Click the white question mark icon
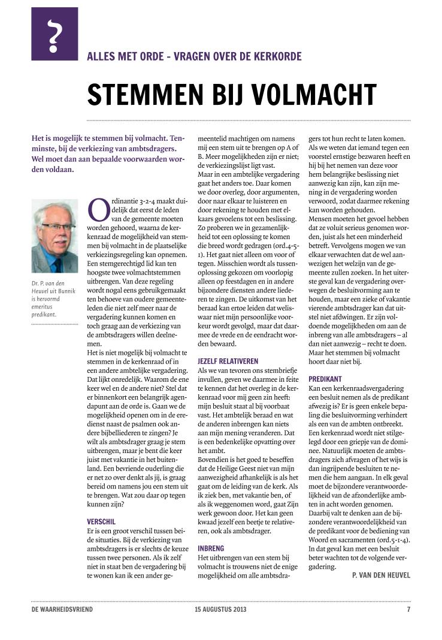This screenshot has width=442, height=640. pos(55,34)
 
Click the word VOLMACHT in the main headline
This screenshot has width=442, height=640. pos(309,95)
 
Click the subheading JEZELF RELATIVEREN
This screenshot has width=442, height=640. pos(228,362)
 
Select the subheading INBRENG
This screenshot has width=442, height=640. pos(211,548)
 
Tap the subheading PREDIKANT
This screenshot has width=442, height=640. pos(325,379)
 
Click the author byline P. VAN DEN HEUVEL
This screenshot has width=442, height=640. pos(380,575)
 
